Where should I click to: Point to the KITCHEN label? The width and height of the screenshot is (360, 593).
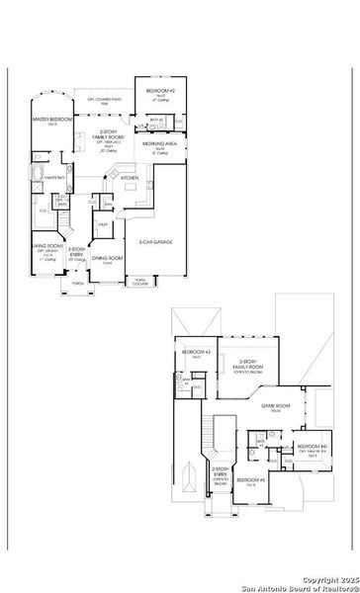click(129, 178)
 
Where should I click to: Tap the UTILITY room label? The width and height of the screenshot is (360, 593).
click(102, 225)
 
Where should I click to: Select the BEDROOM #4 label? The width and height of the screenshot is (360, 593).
click(313, 448)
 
